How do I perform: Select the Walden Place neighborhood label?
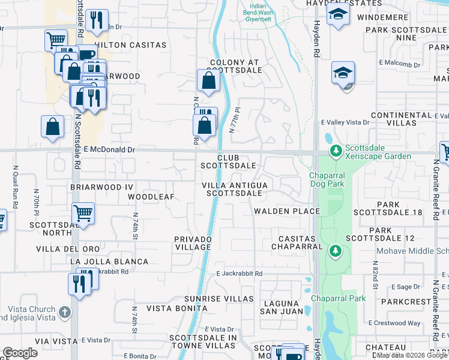click(286, 211)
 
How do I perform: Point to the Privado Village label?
click(193, 243)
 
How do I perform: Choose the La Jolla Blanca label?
click(109, 262)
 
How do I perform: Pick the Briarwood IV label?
click(101, 187)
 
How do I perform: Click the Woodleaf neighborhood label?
click(151, 197)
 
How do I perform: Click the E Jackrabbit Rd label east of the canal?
click(240, 274)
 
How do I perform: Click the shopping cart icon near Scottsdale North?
click(83, 212)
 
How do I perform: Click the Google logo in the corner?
click(20, 353)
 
